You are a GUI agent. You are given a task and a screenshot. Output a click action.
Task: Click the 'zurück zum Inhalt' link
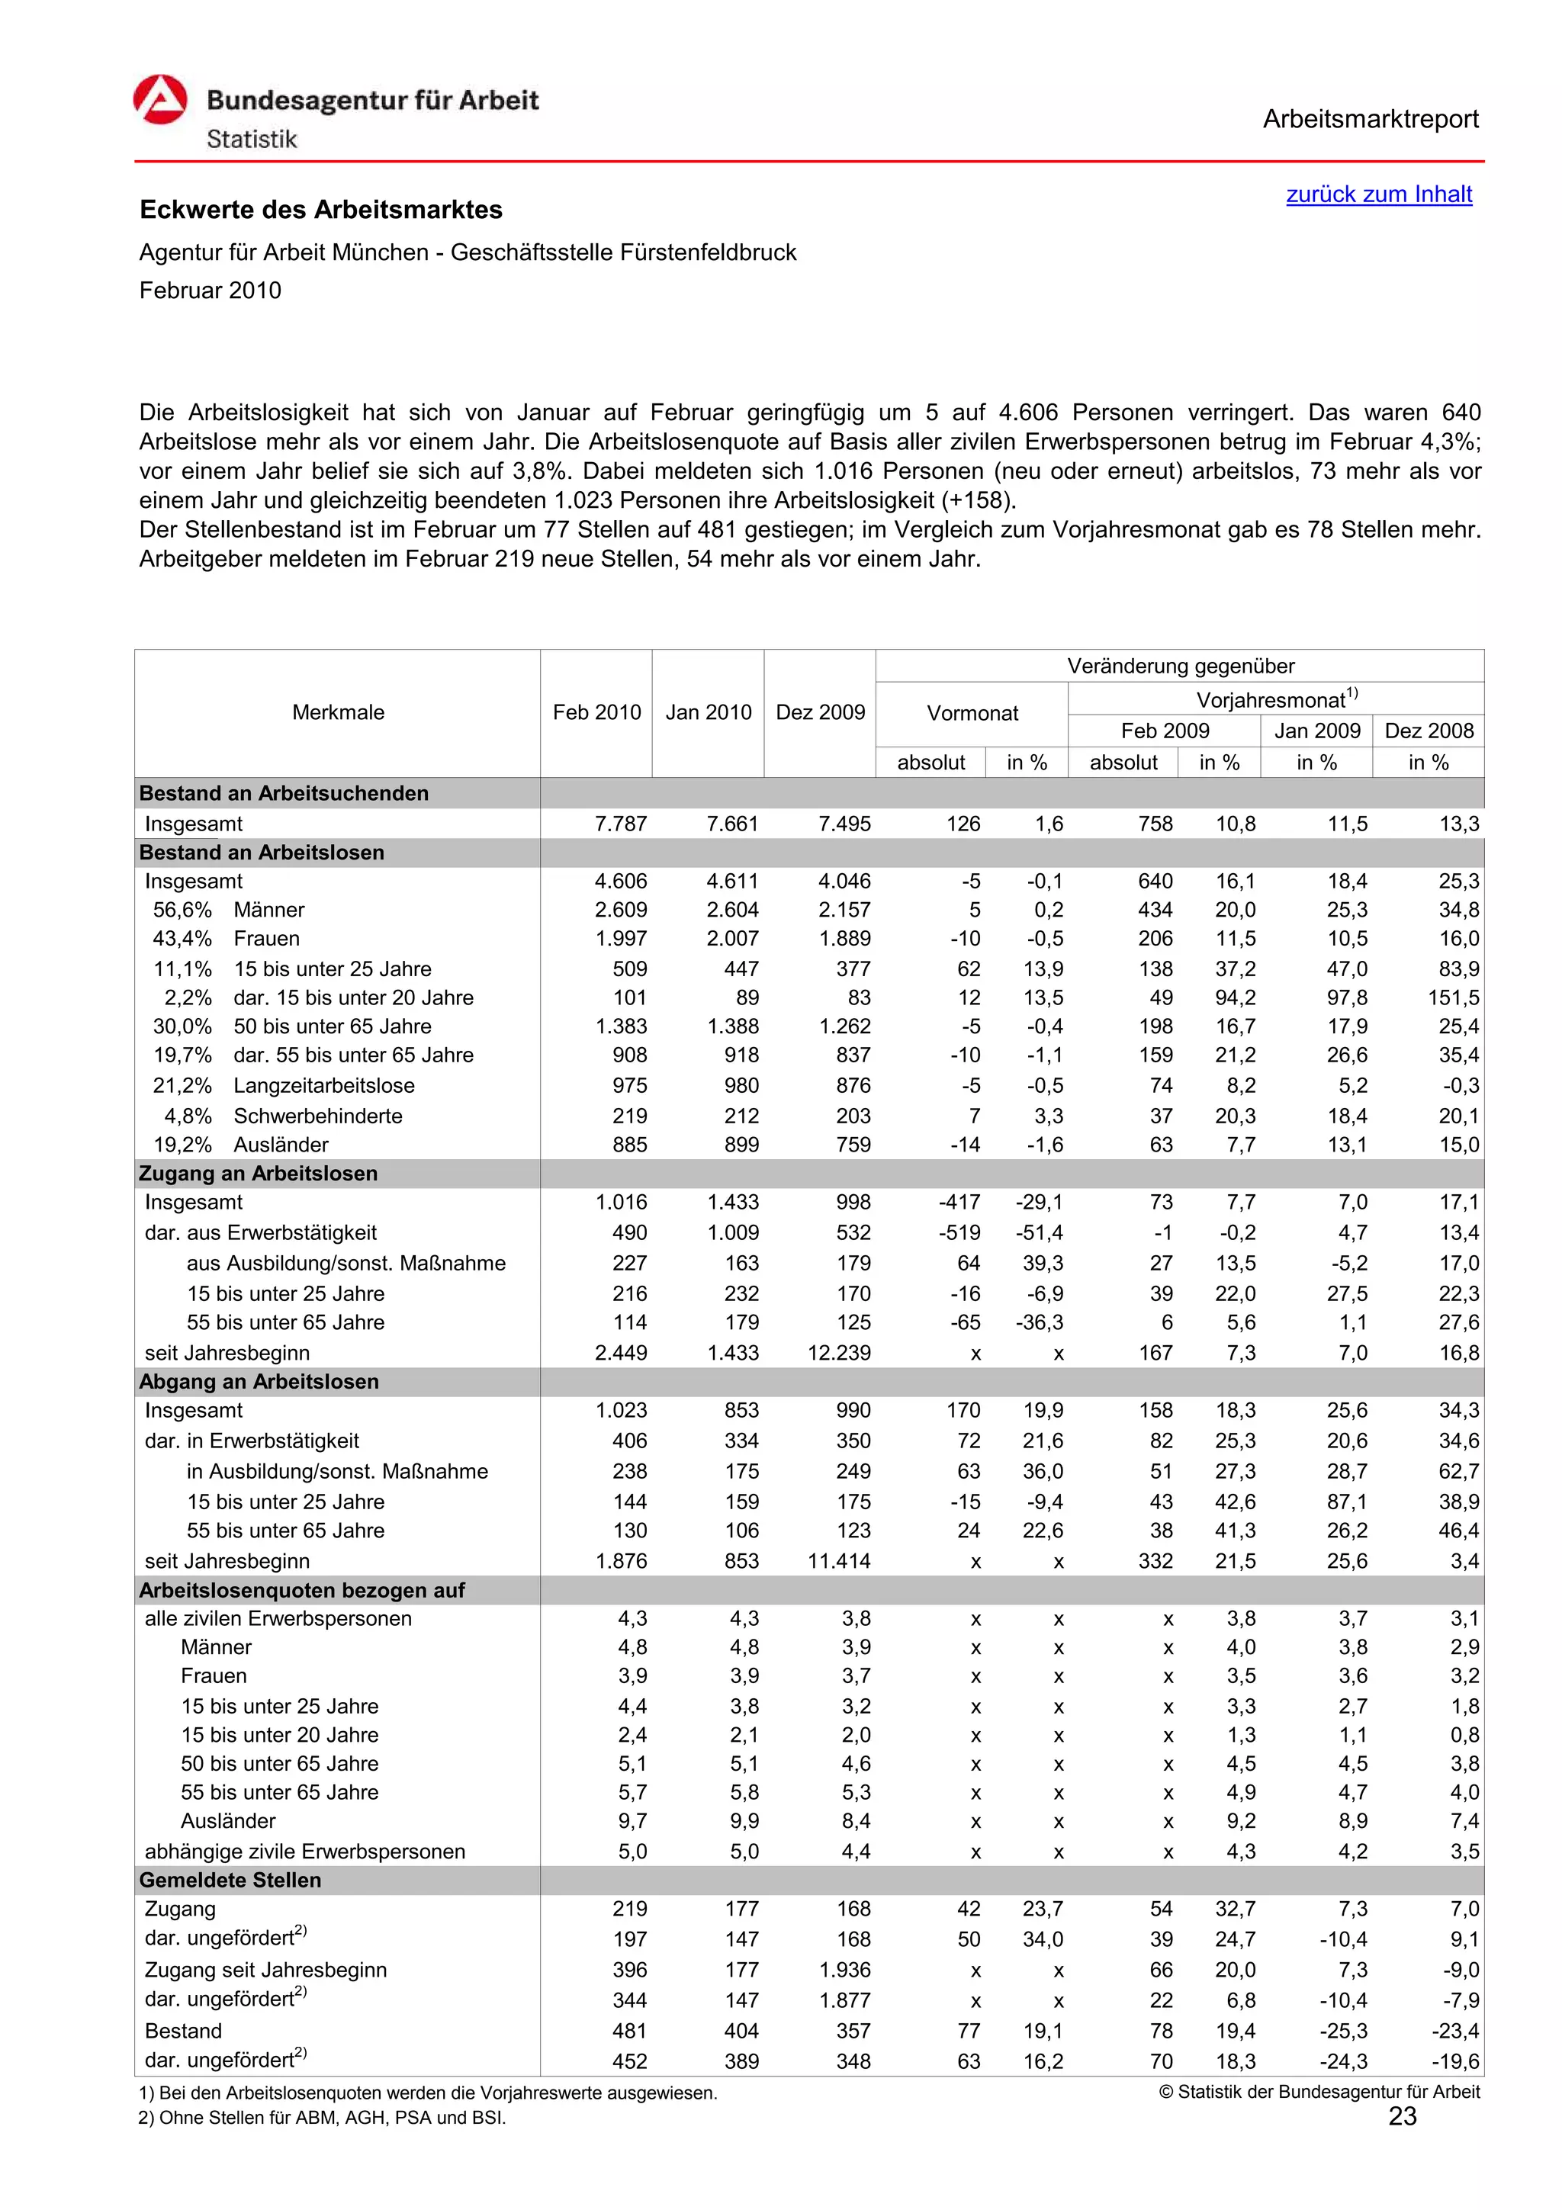1378,194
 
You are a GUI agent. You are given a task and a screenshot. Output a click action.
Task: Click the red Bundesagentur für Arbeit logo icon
159,100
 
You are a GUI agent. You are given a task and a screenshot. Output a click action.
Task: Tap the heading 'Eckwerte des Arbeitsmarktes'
320,210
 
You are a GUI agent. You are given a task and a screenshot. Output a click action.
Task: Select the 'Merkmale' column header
338,712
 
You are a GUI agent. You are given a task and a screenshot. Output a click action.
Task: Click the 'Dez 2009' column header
820,712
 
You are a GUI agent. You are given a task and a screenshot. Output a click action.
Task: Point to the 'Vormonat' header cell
971,713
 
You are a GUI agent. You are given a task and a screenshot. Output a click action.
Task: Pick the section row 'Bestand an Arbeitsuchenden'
284,793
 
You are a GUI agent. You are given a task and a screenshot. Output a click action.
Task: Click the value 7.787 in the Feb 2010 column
621,824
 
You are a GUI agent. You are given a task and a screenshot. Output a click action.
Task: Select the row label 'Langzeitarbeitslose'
323,1086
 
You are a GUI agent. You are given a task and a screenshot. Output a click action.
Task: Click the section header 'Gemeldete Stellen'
230,1880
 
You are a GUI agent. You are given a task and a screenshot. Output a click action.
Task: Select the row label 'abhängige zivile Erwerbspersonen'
304,1851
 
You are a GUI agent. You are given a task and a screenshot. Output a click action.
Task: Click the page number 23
1403,2115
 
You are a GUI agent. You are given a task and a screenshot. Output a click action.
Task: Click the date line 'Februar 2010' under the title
210,291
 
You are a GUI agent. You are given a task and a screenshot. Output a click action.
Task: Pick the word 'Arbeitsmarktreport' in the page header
1370,120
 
